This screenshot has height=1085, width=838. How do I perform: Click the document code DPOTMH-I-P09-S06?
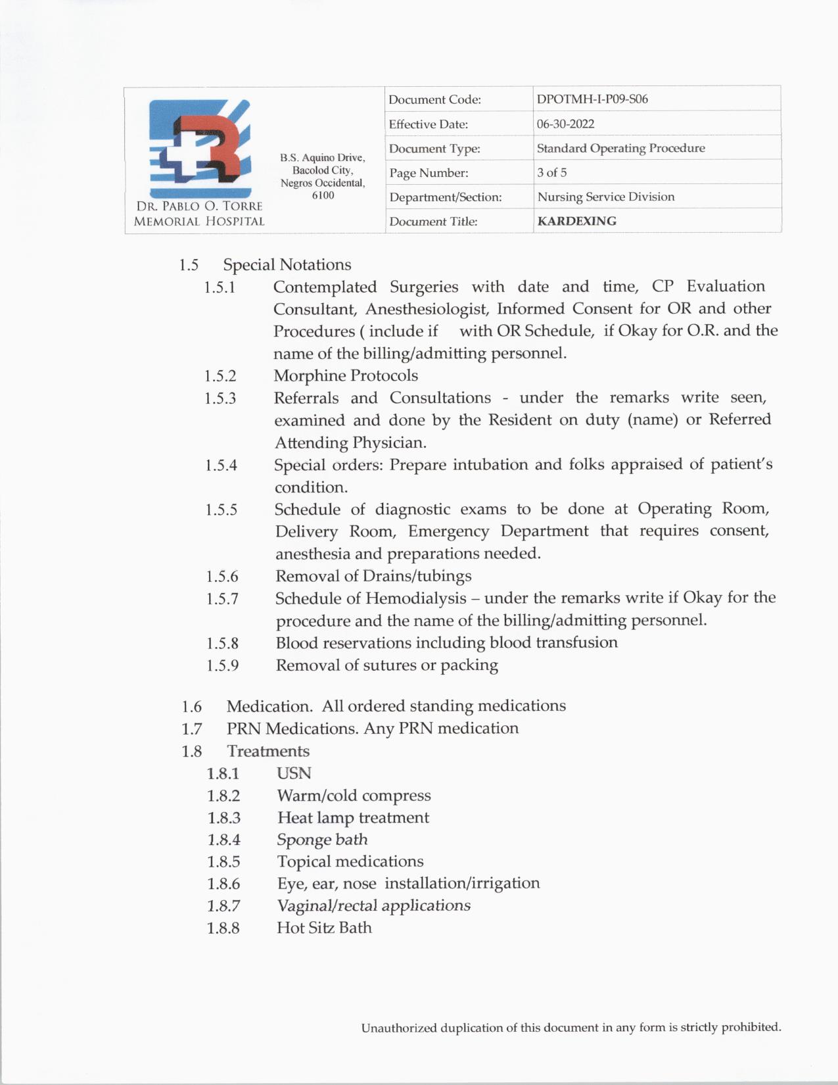coord(592,99)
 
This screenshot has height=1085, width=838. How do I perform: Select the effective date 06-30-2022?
coord(565,124)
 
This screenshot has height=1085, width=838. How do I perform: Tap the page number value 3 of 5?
coord(551,172)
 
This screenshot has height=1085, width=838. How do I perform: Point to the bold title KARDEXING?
coord(576,221)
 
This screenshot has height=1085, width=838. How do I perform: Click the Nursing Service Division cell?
coord(605,197)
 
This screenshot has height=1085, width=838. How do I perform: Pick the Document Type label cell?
coord(434,149)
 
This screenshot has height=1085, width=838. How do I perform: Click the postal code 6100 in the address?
coord(323,195)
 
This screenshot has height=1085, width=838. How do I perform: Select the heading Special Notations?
coord(287,264)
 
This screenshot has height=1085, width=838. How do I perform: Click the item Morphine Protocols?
coord(346,375)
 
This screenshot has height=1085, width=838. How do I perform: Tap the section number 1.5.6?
coord(222,577)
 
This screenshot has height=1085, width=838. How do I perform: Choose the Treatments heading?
coord(268,751)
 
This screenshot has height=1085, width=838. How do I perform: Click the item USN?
coord(294,773)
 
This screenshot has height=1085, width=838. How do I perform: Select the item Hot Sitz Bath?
coord(324,928)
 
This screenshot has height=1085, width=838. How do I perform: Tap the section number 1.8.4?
coord(223,840)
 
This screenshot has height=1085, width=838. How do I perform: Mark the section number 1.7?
coord(192,729)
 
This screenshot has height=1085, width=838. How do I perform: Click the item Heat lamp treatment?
coord(353,817)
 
